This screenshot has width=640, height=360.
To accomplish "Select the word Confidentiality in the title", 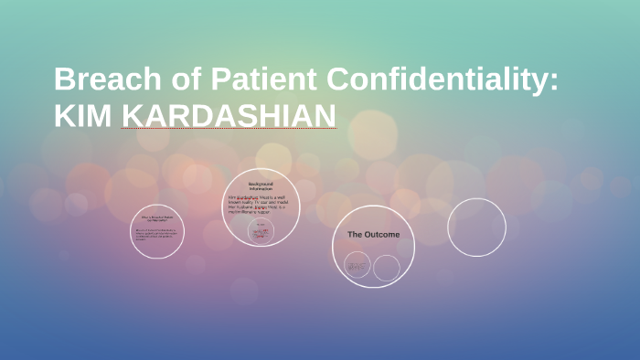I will (x=435, y=79).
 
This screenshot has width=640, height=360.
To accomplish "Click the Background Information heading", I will (x=261, y=185).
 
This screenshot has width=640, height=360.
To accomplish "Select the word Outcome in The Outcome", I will (x=383, y=235).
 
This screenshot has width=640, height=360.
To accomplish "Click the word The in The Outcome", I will (x=356, y=235).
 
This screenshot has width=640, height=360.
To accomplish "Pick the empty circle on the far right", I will (x=476, y=228).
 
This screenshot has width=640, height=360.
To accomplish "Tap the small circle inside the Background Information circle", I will (x=261, y=231).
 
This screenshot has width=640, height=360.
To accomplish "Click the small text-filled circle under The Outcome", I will (x=357, y=266).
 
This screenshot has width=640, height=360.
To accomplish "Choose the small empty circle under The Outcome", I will (x=387, y=268).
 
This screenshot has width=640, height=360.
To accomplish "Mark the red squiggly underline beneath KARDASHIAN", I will (x=229, y=129).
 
